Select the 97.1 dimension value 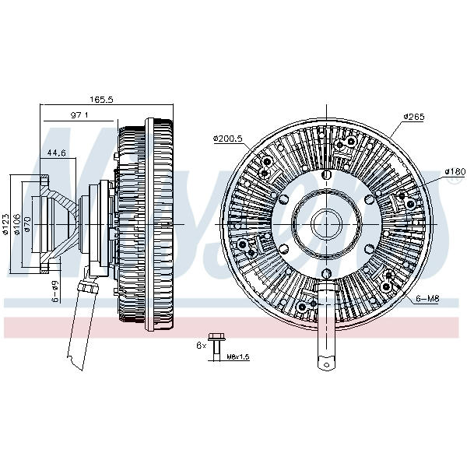pos(81,115)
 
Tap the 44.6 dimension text pos(56,153)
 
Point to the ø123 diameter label pos(6,223)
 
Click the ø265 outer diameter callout pos(413,117)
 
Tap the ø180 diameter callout pos(454,171)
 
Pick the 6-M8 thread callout pos(428,298)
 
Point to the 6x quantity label pos(201,344)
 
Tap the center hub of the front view pos(324,224)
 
